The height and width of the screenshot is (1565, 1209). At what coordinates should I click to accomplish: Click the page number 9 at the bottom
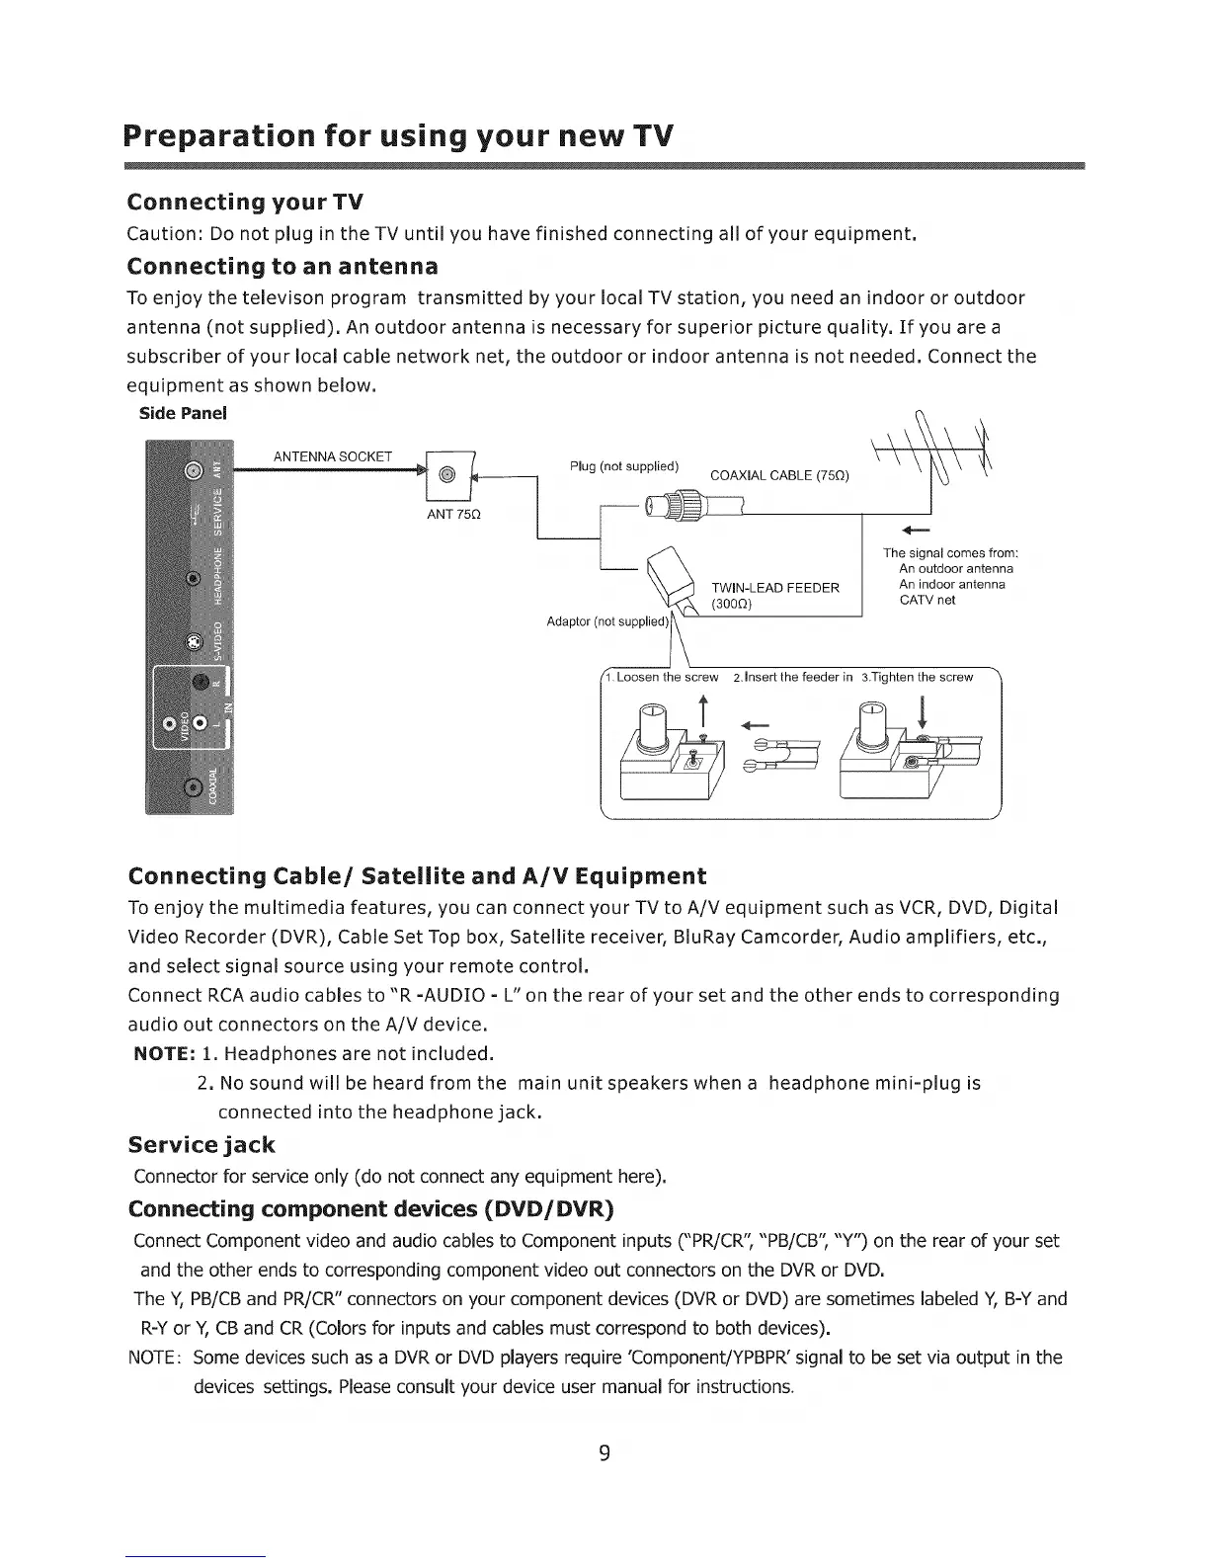(x=604, y=1452)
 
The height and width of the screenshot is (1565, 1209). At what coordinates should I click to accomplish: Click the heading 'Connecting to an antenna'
(x=282, y=267)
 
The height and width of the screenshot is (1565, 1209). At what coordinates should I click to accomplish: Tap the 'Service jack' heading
(x=201, y=1145)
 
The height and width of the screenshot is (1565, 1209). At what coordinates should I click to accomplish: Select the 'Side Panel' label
(x=183, y=413)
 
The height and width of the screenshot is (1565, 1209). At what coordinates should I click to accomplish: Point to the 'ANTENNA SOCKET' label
(x=333, y=456)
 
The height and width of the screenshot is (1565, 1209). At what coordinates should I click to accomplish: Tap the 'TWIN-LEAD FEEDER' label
(x=775, y=588)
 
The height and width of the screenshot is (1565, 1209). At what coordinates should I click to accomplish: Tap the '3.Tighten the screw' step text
(x=918, y=677)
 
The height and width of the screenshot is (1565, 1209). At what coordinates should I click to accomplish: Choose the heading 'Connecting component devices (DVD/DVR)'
(x=371, y=1209)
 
